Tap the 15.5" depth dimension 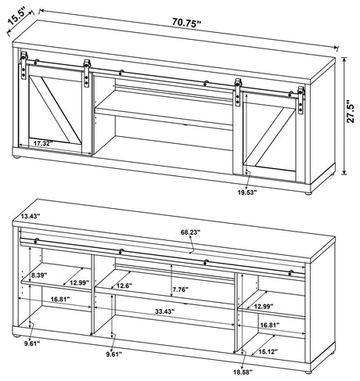(x=17, y=14)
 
